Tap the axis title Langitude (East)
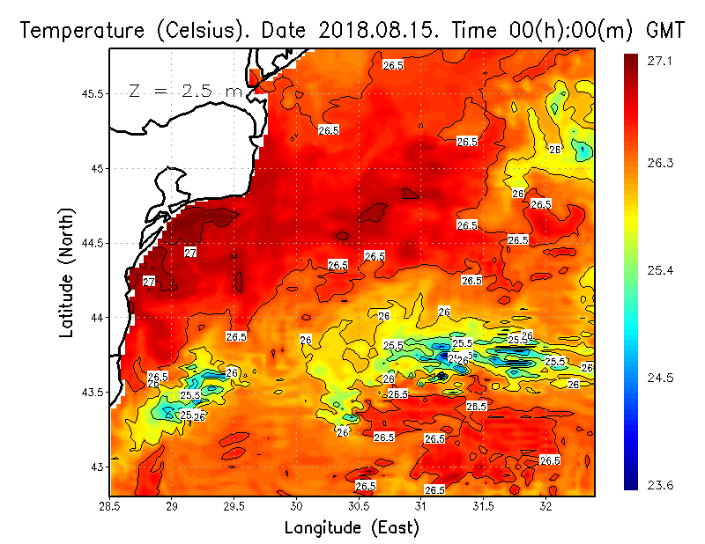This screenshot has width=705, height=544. [x=352, y=527]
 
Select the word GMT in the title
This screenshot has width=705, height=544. [x=665, y=31]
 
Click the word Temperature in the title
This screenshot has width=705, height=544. [x=73, y=31]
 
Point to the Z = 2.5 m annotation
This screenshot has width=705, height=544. [x=185, y=91]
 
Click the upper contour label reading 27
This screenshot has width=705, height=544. [x=190, y=253]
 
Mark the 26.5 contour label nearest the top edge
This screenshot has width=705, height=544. [x=393, y=65]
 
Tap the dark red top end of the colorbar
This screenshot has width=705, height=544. [x=631, y=60]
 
